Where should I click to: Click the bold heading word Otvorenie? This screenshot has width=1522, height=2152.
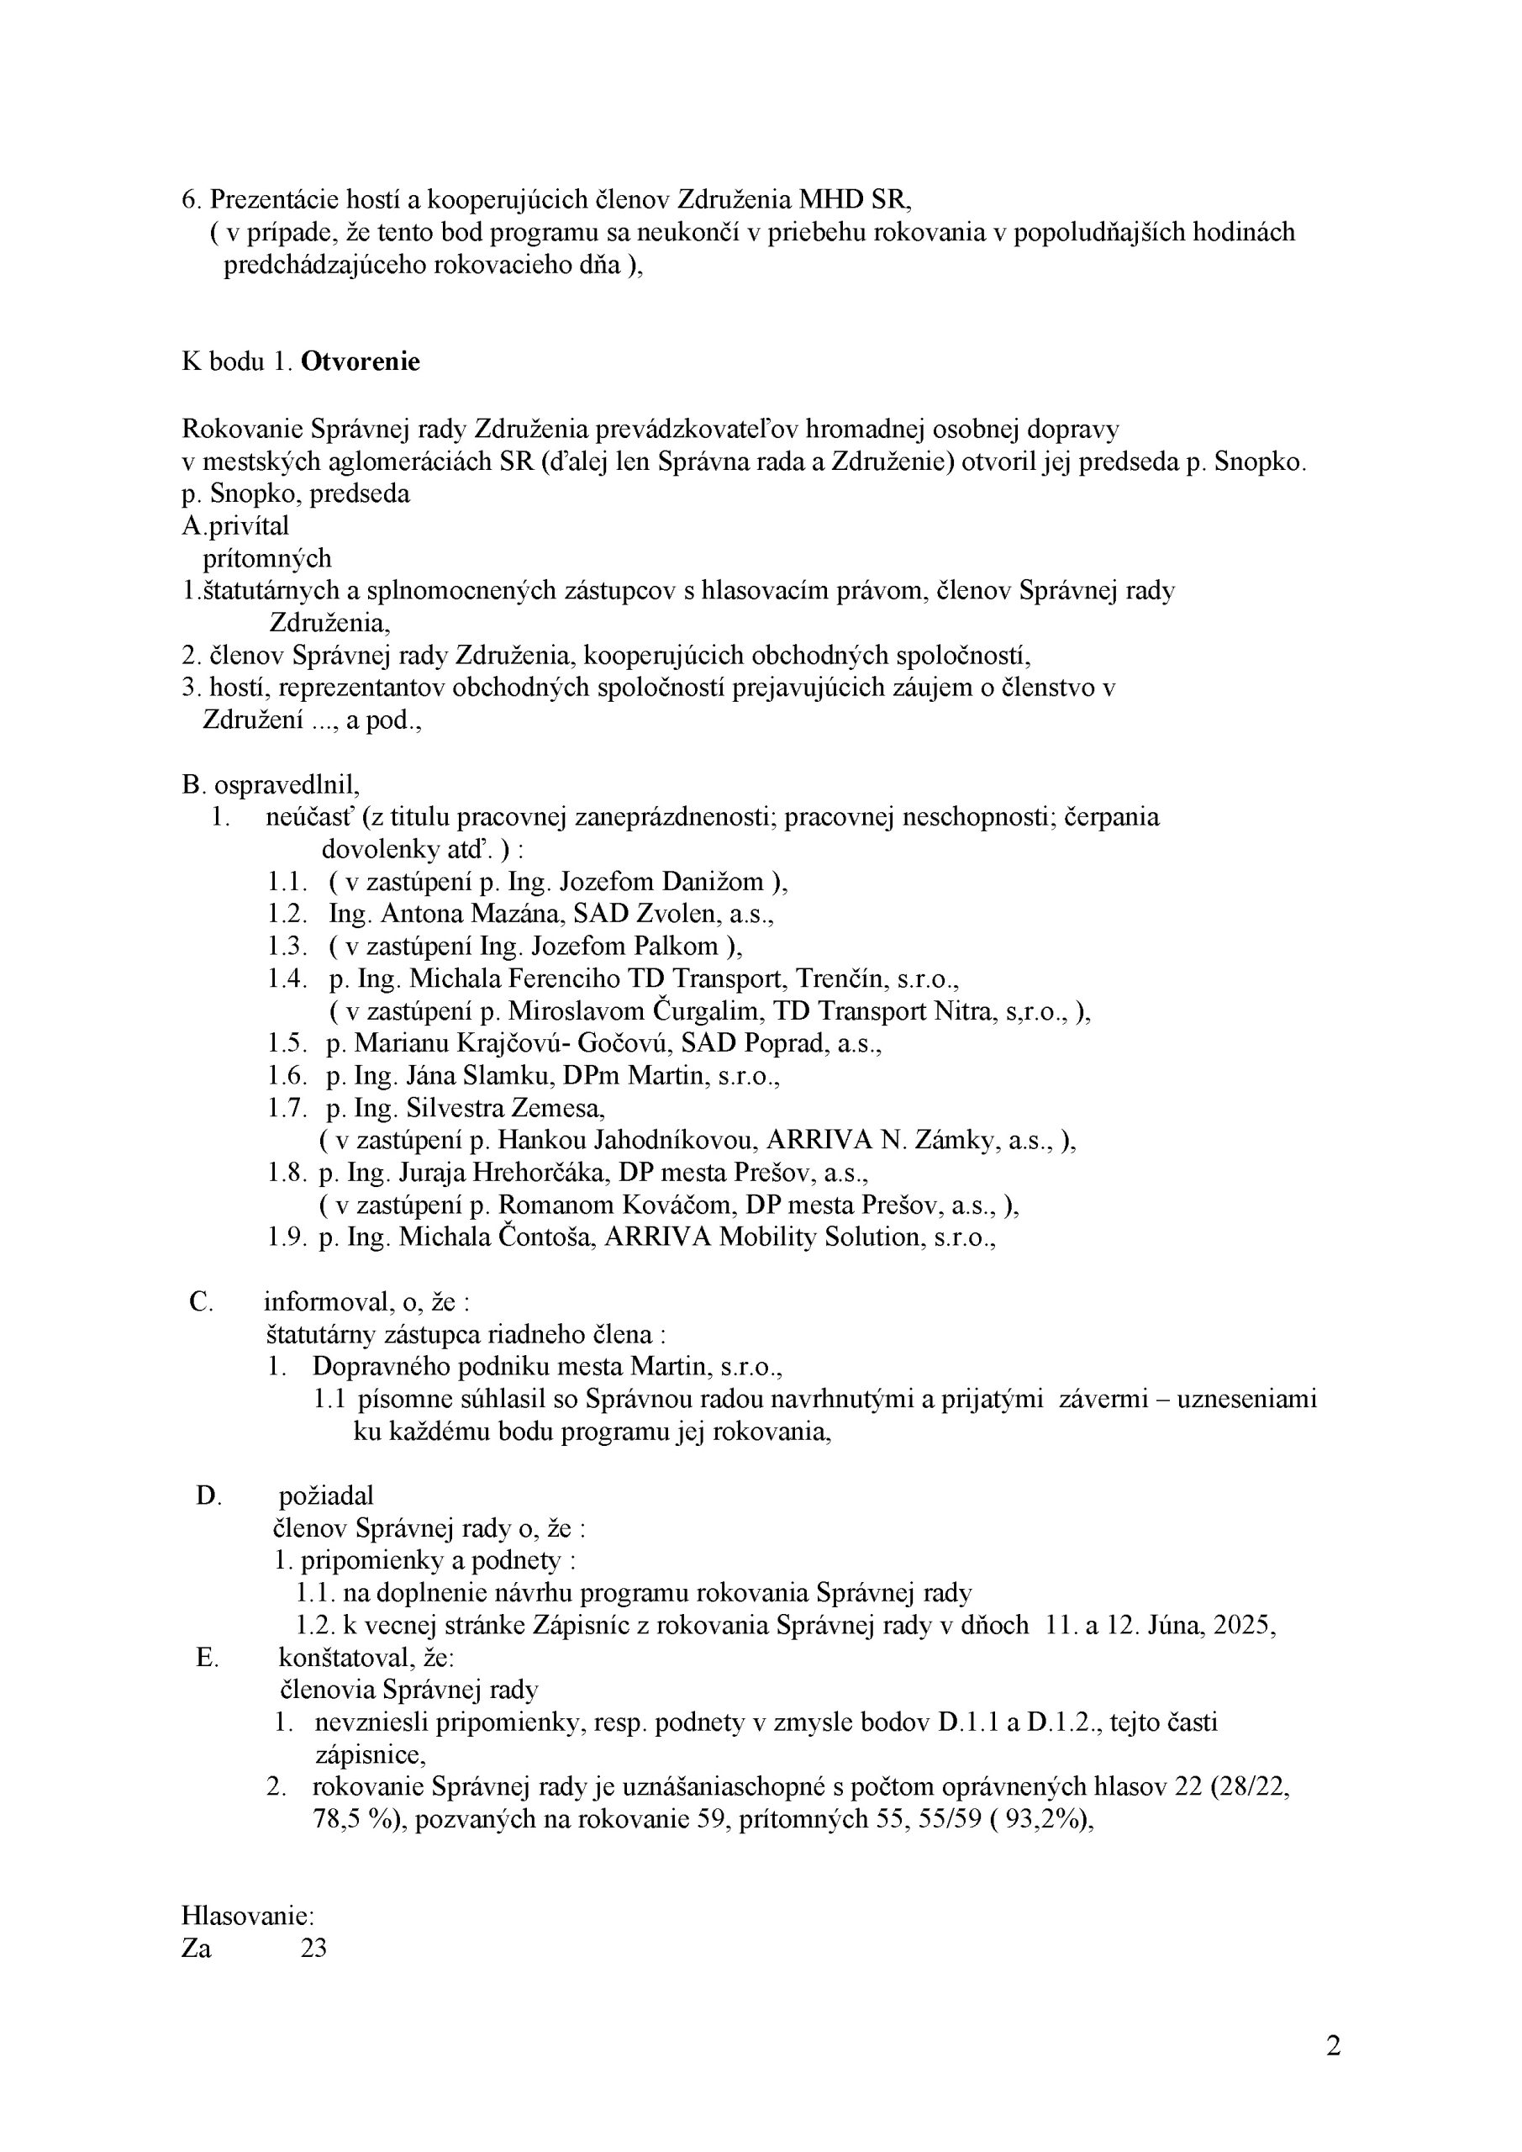pos(360,361)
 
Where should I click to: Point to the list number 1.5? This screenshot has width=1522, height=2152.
pos(287,1043)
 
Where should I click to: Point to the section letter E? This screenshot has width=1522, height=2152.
pos(207,1657)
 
